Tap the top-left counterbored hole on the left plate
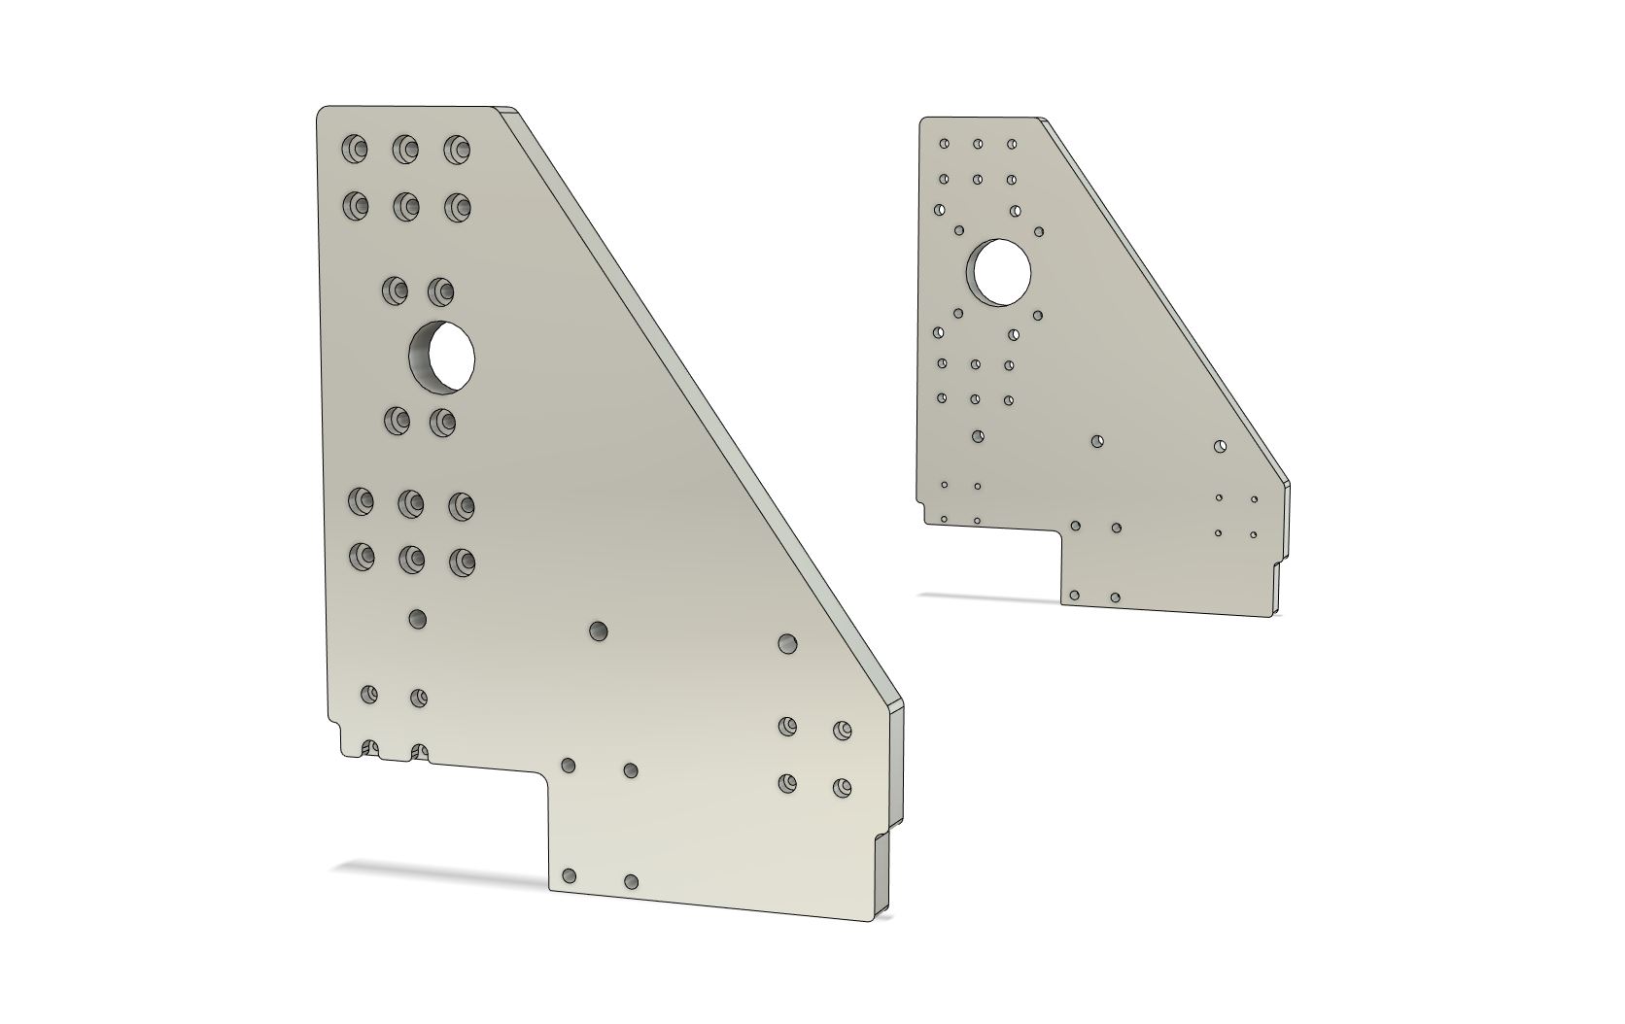pos(355,149)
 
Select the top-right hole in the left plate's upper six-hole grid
pos(457,150)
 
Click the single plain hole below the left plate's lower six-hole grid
pos(418,619)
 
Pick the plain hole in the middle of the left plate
pos(599,631)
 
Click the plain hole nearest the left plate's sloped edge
pos(787,643)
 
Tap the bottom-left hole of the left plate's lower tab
pos(570,876)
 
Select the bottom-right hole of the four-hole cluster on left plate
pos(842,787)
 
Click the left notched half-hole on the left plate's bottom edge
pos(369,749)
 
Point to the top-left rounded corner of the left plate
pos(324,113)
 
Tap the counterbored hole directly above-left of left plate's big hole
pos(396,290)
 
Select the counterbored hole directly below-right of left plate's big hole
pos(442,421)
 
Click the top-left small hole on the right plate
pos(944,144)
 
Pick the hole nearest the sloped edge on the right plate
pos(1221,447)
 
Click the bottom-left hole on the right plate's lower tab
pos(1074,595)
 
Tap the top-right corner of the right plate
pos(1042,119)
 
